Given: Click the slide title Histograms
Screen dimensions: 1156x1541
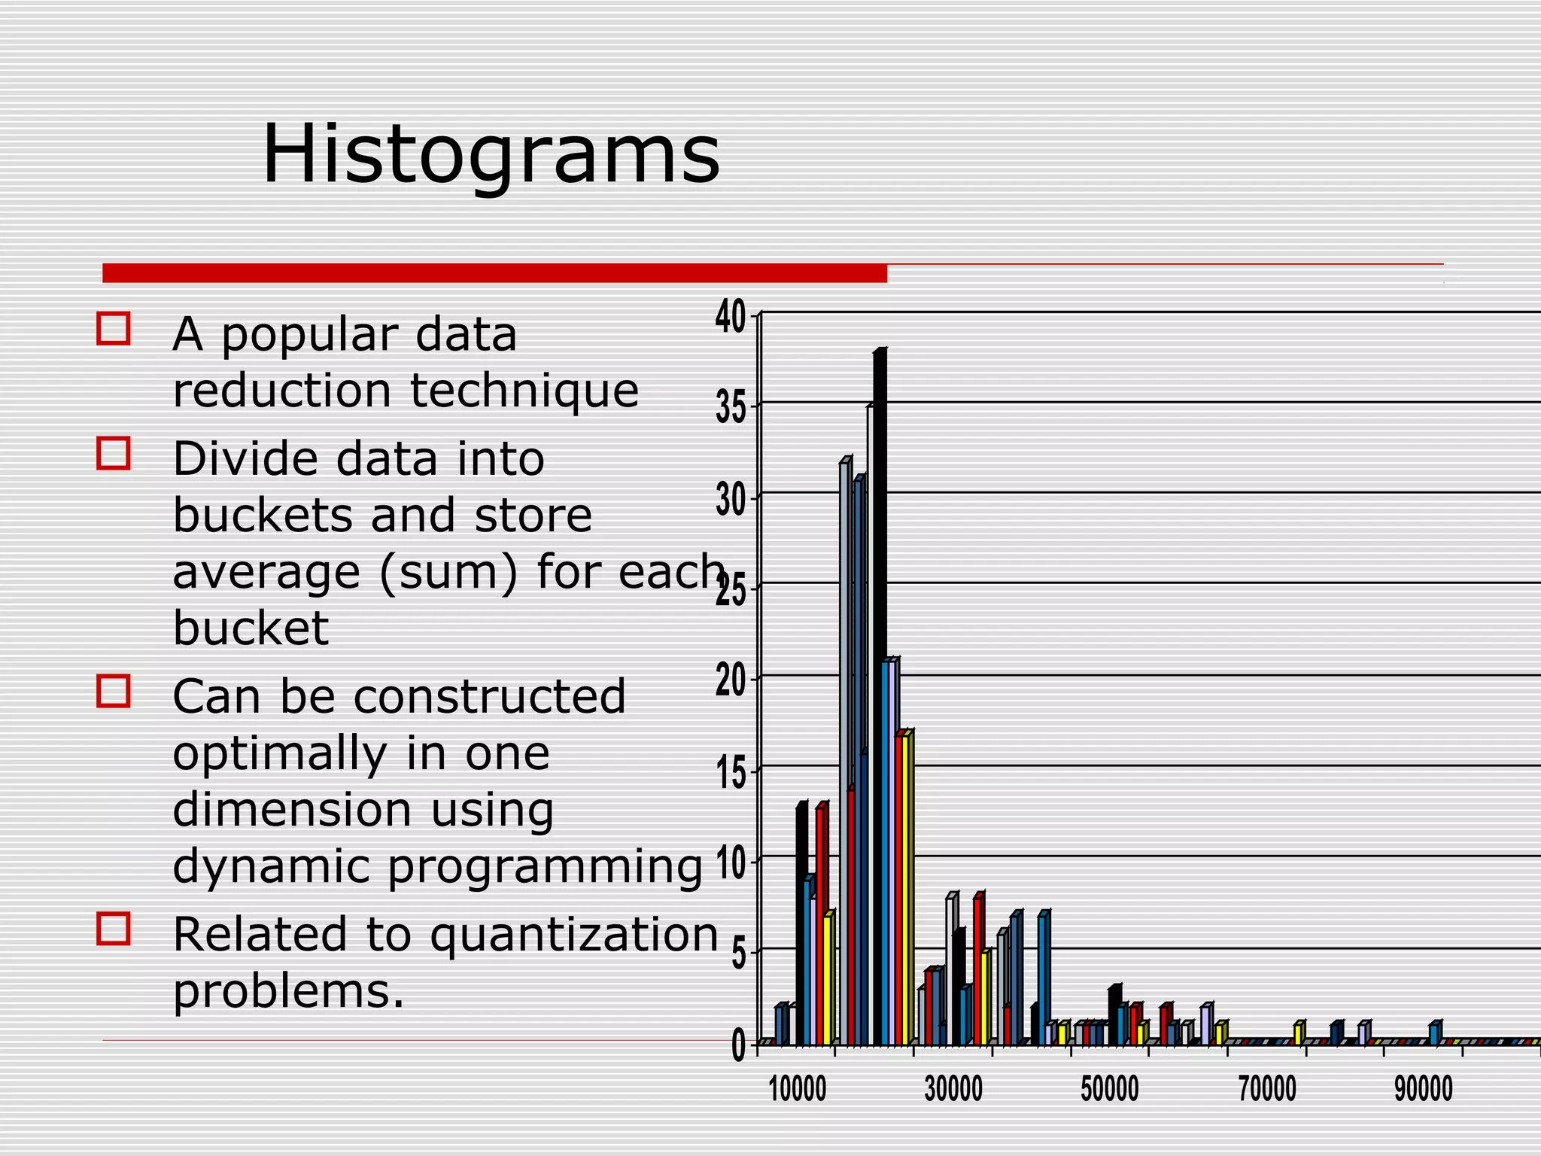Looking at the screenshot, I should click(491, 154).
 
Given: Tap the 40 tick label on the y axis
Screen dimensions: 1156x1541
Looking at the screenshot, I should click(730, 317).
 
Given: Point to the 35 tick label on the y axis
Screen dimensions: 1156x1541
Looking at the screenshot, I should click(730, 409).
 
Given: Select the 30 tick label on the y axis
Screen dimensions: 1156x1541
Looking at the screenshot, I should click(730, 500).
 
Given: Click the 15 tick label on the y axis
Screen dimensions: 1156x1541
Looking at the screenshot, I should click(730, 774).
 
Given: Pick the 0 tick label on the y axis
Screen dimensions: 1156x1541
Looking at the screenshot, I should click(739, 1047).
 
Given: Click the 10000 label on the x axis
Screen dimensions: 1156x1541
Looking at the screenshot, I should click(798, 1089).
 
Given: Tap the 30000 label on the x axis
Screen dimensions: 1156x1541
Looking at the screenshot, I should click(953, 1089).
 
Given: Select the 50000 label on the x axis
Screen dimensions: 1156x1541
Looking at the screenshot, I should click(1110, 1089).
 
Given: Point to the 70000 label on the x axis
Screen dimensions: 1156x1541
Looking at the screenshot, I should click(1267, 1089).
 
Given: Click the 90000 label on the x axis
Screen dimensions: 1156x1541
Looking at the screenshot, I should click(1424, 1089).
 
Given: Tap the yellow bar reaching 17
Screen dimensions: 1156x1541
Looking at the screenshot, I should click(907, 888).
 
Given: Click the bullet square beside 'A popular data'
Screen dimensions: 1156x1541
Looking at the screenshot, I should click(114, 329).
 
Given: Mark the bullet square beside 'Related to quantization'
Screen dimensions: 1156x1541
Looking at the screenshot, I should click(114, 929).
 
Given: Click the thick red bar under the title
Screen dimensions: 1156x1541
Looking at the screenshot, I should click(494, 273).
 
